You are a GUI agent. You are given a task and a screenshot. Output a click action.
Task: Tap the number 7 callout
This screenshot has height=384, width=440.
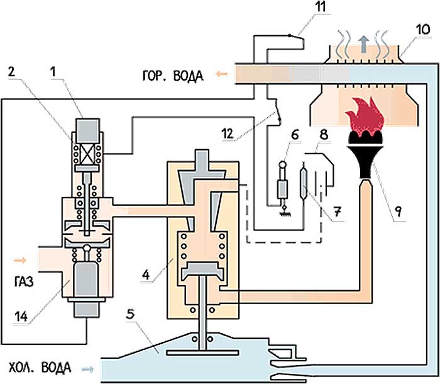[x=339, y=215]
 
